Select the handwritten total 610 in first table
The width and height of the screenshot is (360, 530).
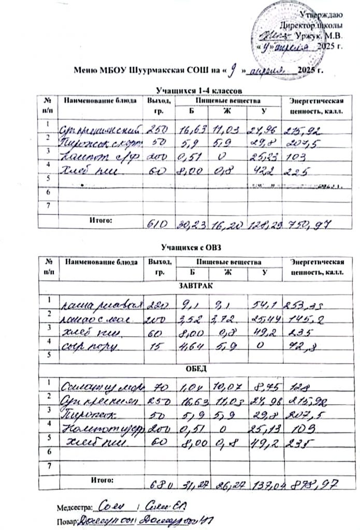pyautogui.click(x=156, y=224)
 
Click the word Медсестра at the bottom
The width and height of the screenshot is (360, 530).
pyautogui.click(x=73, y=505)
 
